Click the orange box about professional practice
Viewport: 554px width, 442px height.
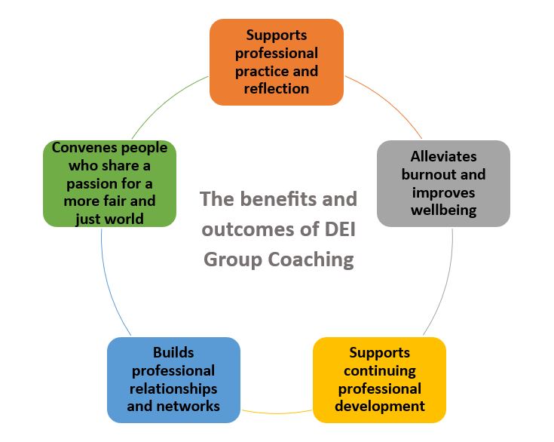pos(276,62)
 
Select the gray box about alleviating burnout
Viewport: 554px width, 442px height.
pos(443,183)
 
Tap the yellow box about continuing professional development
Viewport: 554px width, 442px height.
pos(379,379)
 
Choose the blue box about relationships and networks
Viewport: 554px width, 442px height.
pos(173,379)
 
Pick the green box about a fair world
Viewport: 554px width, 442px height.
pos(109,183)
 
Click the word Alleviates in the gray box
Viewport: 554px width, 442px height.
pos(444,157)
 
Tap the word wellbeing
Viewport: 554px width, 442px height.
pos(443,210)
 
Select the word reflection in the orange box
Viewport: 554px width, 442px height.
pos(276,88)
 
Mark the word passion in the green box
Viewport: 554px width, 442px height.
pos(90,183)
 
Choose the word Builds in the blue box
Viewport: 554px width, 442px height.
pos(173,352)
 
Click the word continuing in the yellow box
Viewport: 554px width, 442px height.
pos(379,370)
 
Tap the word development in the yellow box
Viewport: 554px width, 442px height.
pos(380,406)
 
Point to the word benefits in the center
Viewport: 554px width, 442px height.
pos(280,200)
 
